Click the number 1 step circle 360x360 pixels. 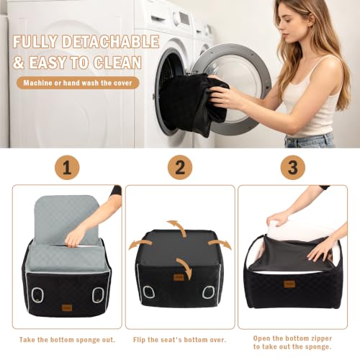click(x=67, y=167)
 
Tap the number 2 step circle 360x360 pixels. click(x=180, y=167)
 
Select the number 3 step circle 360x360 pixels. click(x=292, y=167)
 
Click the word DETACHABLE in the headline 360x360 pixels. click(x=110, y=42)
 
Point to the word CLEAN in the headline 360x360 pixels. click(x=117, y=63)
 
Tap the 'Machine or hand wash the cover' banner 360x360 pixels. click(x=78, y=83)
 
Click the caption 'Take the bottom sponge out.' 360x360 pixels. click(x=68, y=340)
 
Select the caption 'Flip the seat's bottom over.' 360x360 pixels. click(x=180, y=340)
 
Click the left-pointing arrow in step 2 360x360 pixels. click(x=140, y=244)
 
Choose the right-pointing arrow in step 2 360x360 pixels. click(x=220, y=243)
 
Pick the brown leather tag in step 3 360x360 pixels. click(x=289, y=284)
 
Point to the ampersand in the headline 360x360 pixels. click(x=18, y=63)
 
